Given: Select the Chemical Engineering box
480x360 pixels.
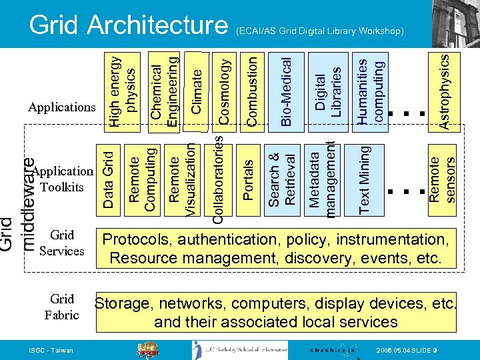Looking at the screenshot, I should click(163, 89).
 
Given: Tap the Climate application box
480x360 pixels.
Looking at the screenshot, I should click(197, 89).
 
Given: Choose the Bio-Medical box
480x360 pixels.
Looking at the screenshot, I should click(287, 89).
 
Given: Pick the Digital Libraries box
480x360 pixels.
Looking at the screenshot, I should click(328, 89).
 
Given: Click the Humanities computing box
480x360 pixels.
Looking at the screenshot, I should click(371, 89).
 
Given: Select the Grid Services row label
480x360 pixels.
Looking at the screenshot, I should click(61, 243).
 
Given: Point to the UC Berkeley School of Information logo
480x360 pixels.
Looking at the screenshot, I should click(240, 349).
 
